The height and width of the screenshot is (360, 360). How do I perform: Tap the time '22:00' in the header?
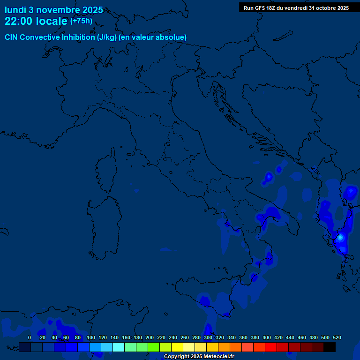click(19, 21)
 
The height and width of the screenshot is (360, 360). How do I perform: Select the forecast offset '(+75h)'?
click(81, 21)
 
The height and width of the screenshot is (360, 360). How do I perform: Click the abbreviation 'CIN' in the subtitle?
click(12, 37)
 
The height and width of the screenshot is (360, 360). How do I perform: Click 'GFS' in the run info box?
click(261, 8)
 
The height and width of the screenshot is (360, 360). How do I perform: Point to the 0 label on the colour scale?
click(30, 337)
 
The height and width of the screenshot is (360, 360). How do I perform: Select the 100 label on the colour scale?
click(91, 337)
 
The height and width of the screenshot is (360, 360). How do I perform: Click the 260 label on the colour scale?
click(185, 337)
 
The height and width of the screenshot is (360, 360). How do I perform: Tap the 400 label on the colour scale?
click(267, 337)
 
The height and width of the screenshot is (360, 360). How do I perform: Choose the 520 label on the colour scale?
click(337, 337)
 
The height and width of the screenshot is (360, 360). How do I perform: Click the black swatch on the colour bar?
click(330, 347)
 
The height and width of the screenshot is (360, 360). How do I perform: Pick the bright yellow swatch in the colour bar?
click(177, 347)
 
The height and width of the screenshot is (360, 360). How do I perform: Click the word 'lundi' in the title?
click(15, 10)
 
